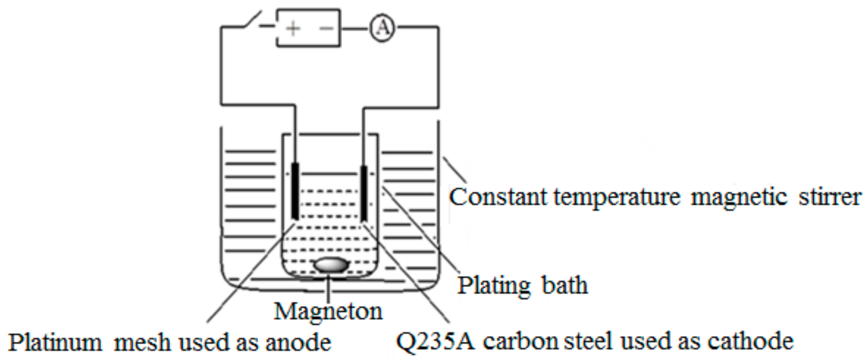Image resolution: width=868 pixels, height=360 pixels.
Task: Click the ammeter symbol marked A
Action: tap(382, 28)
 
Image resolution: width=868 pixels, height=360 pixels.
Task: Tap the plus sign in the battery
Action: tap(293, 28)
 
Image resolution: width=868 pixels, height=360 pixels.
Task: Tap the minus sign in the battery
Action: tap(326, 28)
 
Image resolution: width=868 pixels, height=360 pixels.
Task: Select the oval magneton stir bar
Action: tap(331, 265)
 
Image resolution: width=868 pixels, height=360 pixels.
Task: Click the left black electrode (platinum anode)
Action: tap(295, 191)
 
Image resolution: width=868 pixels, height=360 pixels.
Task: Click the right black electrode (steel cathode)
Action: tap(363, 193)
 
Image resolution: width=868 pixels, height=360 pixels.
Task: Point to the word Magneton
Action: tap(328, 311)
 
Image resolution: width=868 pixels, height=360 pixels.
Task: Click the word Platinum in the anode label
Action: tap(55, 342)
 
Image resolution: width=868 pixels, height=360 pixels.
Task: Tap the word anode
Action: tap(298, 342)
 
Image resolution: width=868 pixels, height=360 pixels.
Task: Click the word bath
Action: tap(565, 285)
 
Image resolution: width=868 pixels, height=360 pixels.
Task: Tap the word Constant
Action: tap(498, 197)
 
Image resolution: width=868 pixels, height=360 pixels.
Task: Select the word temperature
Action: tap(617, 197)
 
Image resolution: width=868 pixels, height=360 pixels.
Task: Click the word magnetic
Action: tap(739, 197)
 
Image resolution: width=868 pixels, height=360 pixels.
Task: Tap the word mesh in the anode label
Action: tap(142, 342)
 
